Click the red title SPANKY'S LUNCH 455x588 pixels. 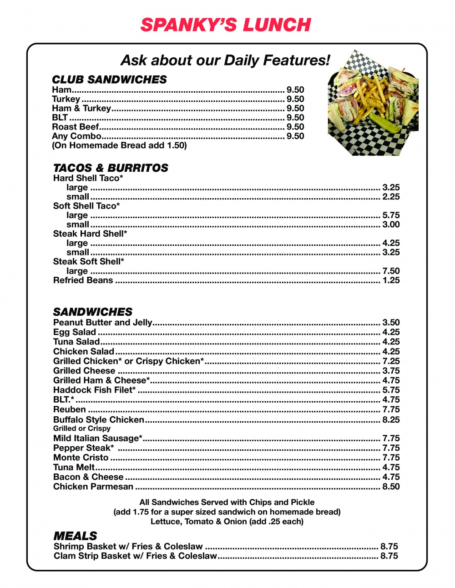pos(226,25)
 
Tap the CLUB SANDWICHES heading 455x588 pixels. pos(109,80)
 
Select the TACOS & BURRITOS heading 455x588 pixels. pos(111,168)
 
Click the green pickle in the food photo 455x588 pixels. pos(384,122)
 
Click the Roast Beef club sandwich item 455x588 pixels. pos(76,127)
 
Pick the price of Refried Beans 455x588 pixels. pos(391,280)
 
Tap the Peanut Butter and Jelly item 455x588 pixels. pos(103,322)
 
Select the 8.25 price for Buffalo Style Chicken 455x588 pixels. pos(391,419)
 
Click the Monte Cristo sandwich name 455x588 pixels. pos(81,458)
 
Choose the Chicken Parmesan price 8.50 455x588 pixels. pos(391,487)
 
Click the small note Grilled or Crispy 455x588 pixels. pos(82,429)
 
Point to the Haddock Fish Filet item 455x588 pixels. pos(95,390)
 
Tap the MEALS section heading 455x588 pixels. pos(76,536)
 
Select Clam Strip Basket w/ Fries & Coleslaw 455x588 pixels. pos(135,556)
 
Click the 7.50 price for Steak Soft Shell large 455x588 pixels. pos(391,271)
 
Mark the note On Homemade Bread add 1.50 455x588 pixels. pos(119,145)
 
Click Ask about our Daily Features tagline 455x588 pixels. pos(225,60)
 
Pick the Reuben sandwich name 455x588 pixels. pos(70,409)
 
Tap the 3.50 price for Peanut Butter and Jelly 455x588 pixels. pos(391,322)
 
